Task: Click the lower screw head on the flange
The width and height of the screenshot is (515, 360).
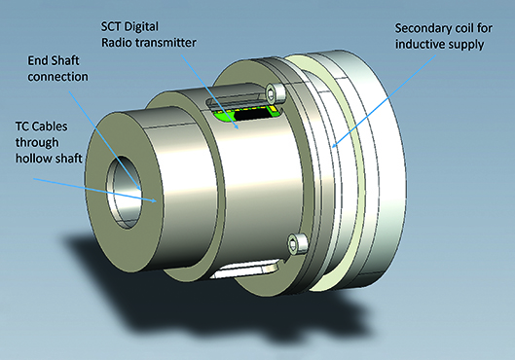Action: point(295,242)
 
